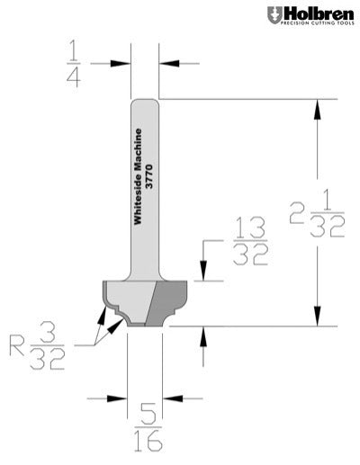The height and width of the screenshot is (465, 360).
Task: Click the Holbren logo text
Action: click(317, 13)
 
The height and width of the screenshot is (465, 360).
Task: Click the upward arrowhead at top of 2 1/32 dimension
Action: click(317, 107)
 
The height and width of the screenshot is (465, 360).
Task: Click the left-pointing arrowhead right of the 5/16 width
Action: click(171, 397)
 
